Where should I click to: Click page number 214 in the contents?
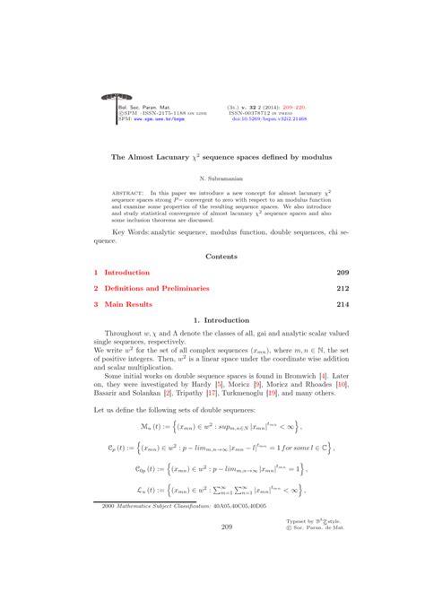(342, 305)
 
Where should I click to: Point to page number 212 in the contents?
(342, 289)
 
